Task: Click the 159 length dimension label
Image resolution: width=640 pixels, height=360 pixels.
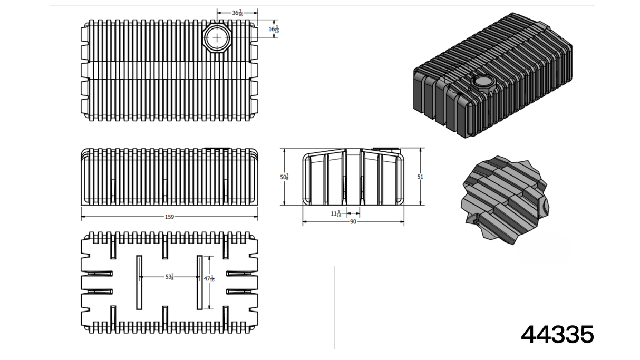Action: click(x=169, y=217)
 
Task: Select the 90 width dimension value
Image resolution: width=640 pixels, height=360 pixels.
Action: click(x=353, y=222)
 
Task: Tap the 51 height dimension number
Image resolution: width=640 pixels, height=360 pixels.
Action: click(x=420, y=177)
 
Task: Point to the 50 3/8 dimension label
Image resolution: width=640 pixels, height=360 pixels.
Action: click(x=284, y=177)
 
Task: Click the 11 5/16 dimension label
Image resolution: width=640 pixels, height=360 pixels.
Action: click(x=336, y=213)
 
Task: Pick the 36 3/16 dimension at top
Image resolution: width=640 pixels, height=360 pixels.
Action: click(x=237, y=13)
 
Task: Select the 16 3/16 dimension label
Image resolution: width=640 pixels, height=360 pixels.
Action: click(x=274, y=29)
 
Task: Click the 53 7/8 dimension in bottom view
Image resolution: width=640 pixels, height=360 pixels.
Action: click(x=169, y=277)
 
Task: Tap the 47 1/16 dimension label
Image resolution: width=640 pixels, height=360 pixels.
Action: click(x=209, y=279)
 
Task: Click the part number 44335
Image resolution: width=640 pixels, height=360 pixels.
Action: click(x=557, y=334)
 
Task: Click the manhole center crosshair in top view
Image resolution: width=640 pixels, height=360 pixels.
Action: click(x=217, y=38)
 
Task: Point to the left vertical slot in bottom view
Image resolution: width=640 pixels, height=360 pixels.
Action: click(x=139, y=283)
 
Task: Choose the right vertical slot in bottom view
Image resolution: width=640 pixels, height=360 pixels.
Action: click(x=200, y=283)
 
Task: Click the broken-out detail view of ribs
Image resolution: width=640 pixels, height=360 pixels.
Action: click(x=505, y=200)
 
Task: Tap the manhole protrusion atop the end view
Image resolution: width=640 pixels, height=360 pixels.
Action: click(x=387, y=149)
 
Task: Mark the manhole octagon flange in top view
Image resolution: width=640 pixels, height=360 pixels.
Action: click(x=217, y=38)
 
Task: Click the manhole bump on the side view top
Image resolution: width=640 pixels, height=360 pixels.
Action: click(x=217, y=148)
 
